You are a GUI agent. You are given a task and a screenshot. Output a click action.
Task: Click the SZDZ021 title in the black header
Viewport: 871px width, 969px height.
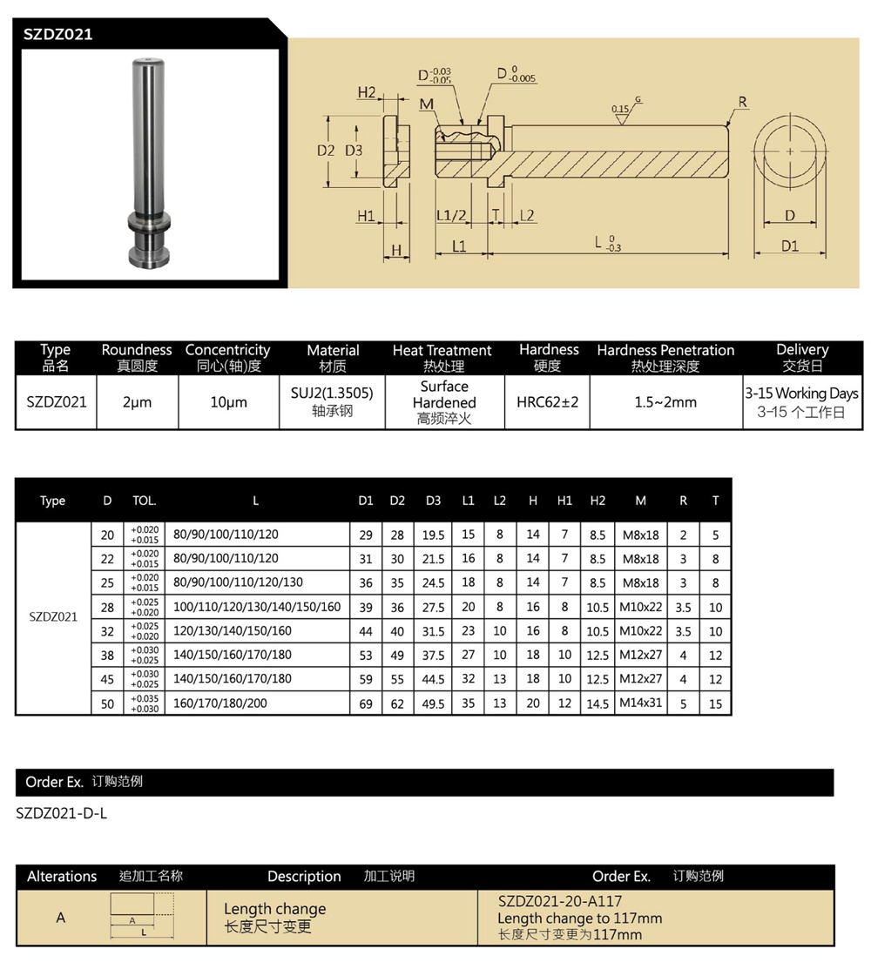coord(57,35)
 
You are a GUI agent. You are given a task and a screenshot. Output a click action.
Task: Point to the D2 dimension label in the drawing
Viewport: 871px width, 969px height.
coord(326,150)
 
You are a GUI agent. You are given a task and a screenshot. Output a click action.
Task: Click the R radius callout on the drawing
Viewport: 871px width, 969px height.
coord(742,103)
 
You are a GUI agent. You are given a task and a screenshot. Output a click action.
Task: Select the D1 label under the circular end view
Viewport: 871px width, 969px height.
coord(789,246)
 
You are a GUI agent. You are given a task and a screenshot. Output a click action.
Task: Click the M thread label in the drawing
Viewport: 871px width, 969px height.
coord(426,104)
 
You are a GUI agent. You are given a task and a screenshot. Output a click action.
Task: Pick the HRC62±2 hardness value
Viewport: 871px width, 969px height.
coord(547,402)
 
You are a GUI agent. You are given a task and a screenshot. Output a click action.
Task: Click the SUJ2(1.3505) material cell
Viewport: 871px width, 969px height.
coord(332,394)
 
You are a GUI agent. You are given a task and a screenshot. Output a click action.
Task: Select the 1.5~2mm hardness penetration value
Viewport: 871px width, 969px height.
coord(665,402)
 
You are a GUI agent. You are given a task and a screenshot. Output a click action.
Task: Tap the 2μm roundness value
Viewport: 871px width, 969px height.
coord(137,402)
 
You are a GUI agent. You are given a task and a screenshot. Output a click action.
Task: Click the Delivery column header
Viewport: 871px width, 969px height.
coord(801,350)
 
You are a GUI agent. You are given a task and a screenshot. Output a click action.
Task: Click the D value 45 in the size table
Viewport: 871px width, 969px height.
coord(108,678)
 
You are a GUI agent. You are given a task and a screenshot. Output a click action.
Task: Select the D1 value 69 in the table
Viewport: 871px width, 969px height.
coord(366,703)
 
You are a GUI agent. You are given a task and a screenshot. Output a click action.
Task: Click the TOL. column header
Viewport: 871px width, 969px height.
coord(144,501)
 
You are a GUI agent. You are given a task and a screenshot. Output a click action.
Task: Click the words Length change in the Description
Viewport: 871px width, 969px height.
coord(274,909)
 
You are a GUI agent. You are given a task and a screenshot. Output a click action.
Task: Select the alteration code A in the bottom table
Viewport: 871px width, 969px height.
coord(61,918)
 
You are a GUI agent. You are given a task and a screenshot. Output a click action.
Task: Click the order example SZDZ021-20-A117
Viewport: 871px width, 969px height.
coord(560,902)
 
